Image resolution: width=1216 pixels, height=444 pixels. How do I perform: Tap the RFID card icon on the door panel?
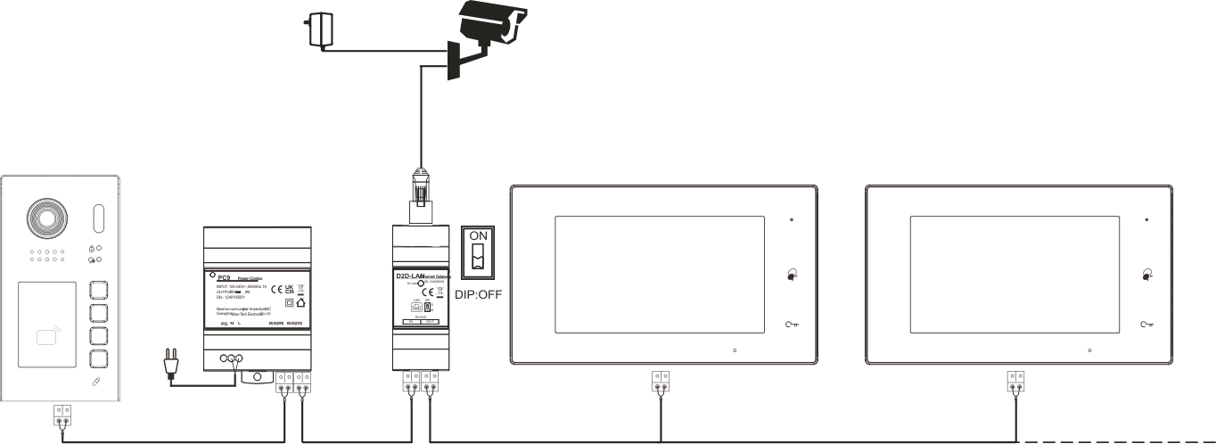click(50, 338)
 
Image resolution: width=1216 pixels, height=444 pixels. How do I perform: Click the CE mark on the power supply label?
click(276, 289)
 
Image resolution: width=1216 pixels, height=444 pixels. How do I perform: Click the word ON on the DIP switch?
click(480, 236)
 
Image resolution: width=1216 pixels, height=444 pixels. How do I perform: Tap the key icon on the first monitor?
click(792, 325)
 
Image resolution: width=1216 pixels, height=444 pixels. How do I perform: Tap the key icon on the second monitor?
click(1147, 325)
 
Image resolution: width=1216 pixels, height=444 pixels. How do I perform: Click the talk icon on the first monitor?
click(792, 274)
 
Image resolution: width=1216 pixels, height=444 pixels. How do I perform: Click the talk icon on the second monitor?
click(1147, 274)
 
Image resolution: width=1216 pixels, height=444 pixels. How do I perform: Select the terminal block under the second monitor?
click(1015, 382)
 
